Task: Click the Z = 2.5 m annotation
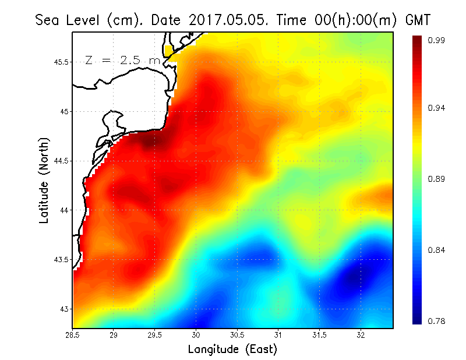click(123, 60)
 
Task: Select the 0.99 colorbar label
click(436, 40)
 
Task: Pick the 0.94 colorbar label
click(436, 108)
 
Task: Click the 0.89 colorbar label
click(436, 179)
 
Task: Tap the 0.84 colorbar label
click(436, 250)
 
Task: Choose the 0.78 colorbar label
click(436, 321)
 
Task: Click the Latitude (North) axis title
click(44, 180)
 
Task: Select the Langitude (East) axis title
click(232, 350)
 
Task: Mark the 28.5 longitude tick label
click(73, 335)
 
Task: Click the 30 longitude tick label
click(196, 335)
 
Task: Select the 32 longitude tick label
click(361, 335)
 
